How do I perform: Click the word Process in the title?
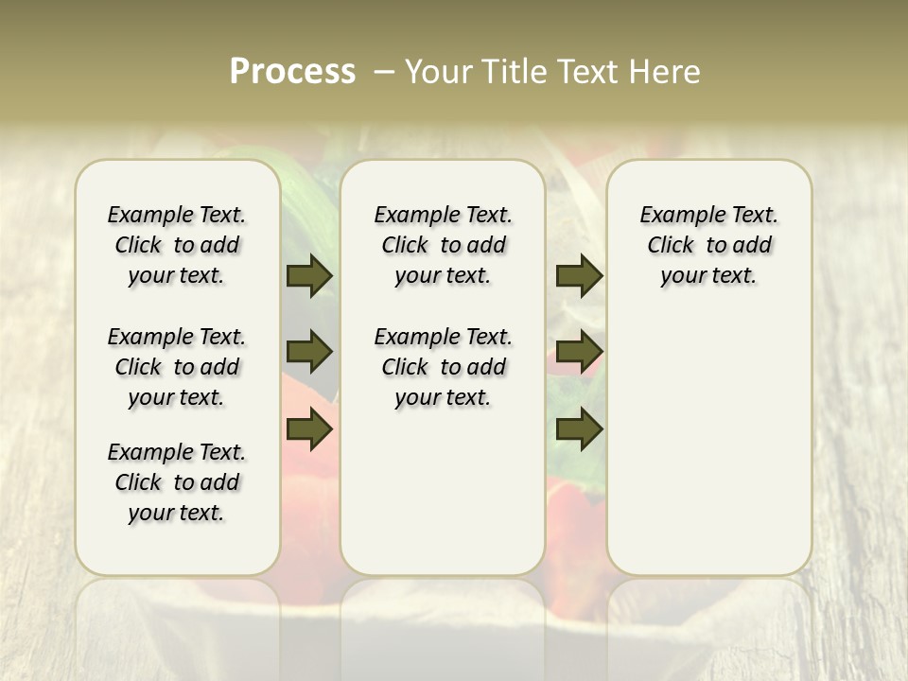click(292, 72)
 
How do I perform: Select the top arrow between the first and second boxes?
click(308, 275)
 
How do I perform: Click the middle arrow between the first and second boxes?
click(308, 352)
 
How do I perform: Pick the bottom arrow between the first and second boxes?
click(308, 429)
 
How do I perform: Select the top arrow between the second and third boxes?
click(579, 275)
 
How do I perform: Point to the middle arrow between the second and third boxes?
click(579, 352)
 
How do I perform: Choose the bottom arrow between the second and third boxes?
click(579, 429)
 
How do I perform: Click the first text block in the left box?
click(177, 245)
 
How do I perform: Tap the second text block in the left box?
click(177, 367)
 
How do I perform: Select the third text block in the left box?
click(177, 482)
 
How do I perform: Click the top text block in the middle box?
click(443, 245)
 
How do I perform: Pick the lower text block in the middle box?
click(443, 367)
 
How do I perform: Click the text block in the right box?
click(708, 245)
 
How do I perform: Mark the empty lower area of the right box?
click(708, 435)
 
